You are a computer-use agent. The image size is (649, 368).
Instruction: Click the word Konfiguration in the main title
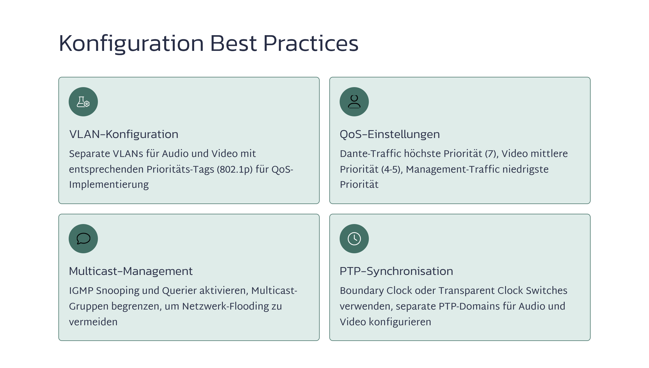pos(131,44)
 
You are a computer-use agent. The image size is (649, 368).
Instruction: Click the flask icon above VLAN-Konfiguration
pos(83,102)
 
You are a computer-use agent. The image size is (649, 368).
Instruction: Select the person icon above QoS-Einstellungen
pos(354,102)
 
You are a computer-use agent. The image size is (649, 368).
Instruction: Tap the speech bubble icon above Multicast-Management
pos(83,239)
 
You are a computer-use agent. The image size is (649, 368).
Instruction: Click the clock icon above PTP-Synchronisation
pos(354,239)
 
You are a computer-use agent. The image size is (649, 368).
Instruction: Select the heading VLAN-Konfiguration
pos(124,134)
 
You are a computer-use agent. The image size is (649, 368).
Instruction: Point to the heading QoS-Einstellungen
pos(390,134)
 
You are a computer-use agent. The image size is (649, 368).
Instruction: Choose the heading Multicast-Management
pos(131,271)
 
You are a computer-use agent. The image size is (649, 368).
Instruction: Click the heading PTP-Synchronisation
pos(396,271)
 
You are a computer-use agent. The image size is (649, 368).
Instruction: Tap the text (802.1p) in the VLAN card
pos(235,169)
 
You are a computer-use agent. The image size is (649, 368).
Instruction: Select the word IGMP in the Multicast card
pos(81,291)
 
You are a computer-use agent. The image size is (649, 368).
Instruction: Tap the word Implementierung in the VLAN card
pos(109,185)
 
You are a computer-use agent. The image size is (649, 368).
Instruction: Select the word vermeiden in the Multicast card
pos(93,322)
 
